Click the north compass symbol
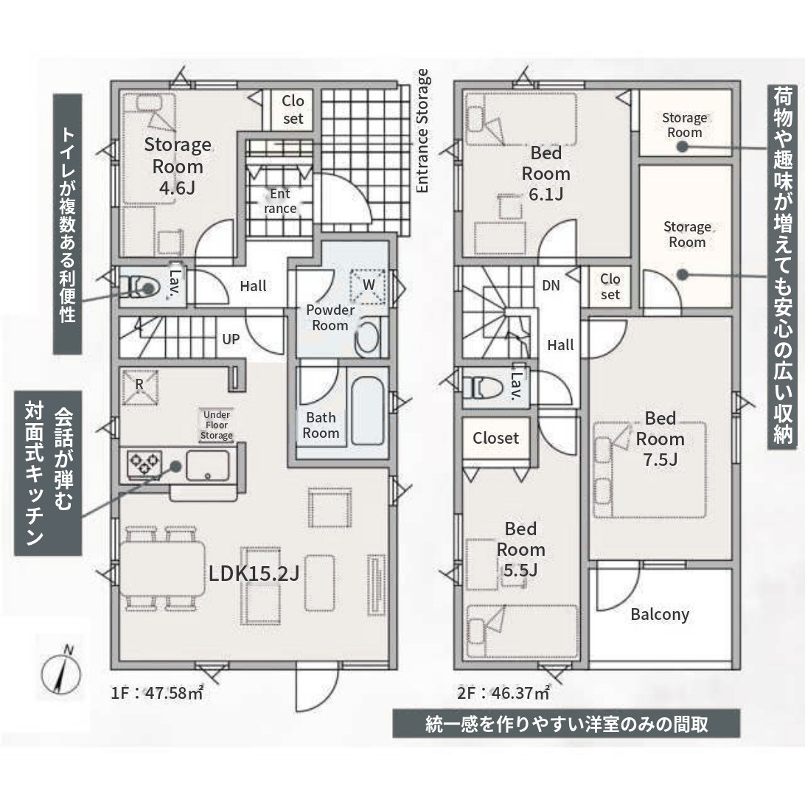click(x=61, y=671)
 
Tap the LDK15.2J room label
click(x=254, y=574)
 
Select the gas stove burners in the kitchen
click(x=144, y=464)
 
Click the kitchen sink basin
click(x=207, y=465)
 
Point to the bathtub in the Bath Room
click(x=368, y=411)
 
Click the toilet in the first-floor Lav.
click(x=139, y=287)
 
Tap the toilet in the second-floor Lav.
click(x=483, y=387)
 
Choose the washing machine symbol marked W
click(x=368, y=285)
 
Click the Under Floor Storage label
click(x=217, y=425)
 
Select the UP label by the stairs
click(x=231, y=339)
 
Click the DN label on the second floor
click(x=551, y=286)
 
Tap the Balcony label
click(x=660, y=615)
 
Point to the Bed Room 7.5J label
click(x=661, y=439)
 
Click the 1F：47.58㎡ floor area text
click(x=157, y=693)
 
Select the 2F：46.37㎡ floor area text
click(x=503, y=693)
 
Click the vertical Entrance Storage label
click(x=422, y=131)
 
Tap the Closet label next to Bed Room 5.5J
click(x=495, y=438)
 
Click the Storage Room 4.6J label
click(x=177, y=167)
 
